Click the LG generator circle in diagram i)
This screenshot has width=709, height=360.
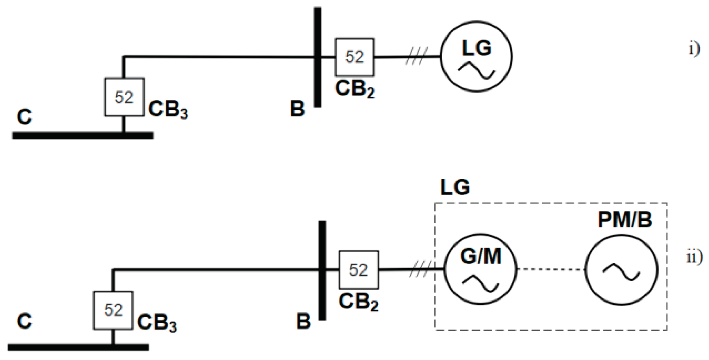pos(477,57)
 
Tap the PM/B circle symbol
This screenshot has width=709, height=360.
pos(622,270)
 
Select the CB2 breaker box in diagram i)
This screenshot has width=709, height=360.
pos(354,57)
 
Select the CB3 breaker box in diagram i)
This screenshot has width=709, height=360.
pos(124,97)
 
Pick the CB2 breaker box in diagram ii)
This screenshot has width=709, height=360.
pos(359,270)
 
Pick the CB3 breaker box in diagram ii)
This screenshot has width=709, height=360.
pos(113,310)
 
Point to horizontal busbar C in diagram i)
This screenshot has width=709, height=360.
pos(83,136)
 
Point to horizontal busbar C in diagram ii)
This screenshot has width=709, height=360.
pos(78,347)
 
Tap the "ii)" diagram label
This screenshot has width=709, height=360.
pos(694,257)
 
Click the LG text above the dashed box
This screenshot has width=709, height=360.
pos(455,187)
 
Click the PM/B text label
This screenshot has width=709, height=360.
pos(625,220)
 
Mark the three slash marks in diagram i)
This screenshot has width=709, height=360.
pos(416,56)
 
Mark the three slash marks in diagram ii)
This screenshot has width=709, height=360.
pos(420,269)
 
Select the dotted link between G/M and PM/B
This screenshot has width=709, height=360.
pos(551,270)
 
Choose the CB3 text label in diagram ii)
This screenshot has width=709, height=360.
pos(157,323)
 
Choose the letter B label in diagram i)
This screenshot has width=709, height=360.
pos(297,109)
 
